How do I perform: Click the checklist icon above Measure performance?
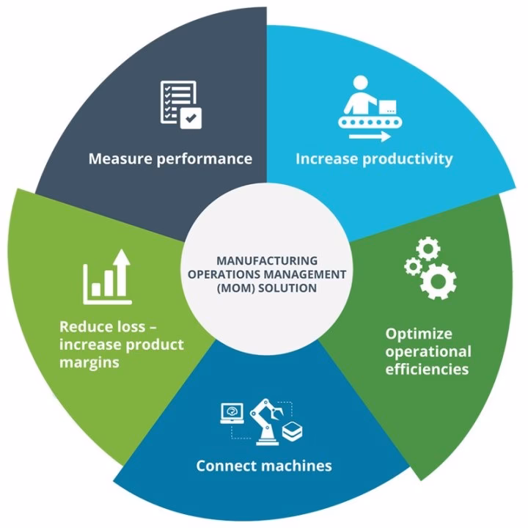point(178,104)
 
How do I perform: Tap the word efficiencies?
point(427,369)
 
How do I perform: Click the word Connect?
point(224,466)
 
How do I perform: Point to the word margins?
point(89,362)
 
